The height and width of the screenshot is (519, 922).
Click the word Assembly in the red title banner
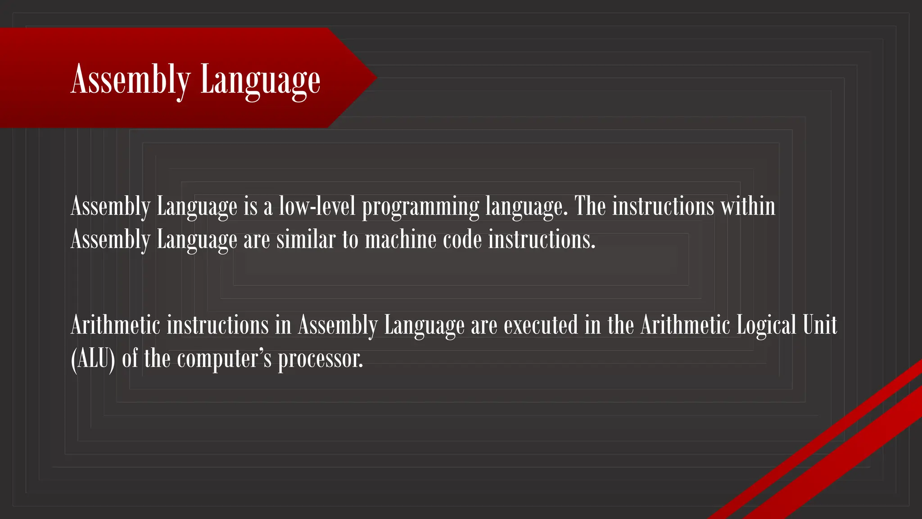coord(131,80)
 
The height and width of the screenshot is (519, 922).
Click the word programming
coord(420,207)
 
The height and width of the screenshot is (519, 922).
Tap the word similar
coord(306,239)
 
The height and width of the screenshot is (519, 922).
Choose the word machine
coord(400,239)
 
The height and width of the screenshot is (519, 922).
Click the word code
coord(462,239)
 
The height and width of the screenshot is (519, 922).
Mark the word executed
coord(541,325)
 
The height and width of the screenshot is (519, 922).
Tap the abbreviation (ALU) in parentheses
coord(93,359)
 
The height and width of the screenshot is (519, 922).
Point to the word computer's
coord(224,359)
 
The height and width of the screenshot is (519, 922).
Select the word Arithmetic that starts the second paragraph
coord(115,325)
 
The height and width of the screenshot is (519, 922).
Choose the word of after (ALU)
coord(130,359)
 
